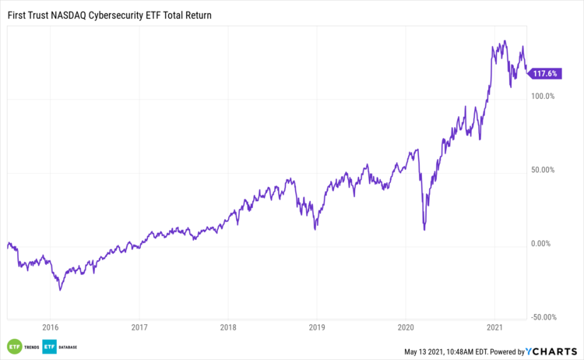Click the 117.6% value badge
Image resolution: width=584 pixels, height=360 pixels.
click(544, 74)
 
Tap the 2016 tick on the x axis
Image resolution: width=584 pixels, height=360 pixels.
click(51, 327)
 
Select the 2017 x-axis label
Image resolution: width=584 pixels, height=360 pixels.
click(139, 327)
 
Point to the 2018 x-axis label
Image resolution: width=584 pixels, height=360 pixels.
click(228, 327)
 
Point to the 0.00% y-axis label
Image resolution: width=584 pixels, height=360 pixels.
click(543, 244)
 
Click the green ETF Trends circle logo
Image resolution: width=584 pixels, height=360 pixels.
click(13, 346)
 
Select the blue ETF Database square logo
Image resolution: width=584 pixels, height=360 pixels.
click(48, 346)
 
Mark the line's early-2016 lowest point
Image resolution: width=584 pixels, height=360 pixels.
click(60, 290)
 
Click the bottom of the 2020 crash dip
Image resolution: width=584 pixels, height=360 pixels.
click(424, 229)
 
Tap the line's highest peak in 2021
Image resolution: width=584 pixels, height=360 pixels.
click(505, 41)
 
